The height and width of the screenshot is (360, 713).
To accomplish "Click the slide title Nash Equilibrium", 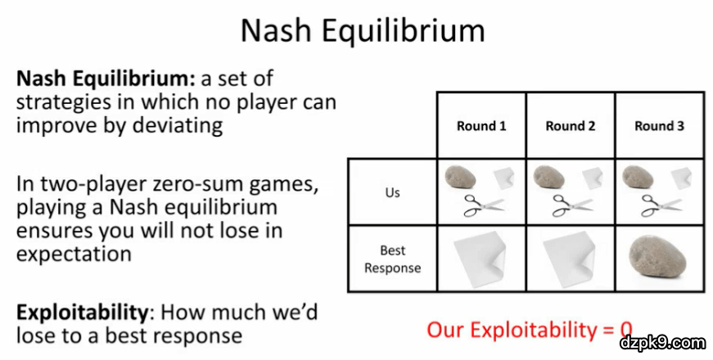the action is [363, 31].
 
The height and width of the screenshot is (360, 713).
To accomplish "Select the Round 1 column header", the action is [481, 126].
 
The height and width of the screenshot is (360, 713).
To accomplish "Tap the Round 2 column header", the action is [571, 126].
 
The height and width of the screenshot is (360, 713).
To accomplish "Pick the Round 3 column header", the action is [659, 126].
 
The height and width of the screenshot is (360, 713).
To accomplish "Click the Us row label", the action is [392, 192].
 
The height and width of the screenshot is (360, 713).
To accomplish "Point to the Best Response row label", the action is [392, 259].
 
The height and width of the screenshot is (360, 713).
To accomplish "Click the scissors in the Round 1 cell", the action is [483, 205].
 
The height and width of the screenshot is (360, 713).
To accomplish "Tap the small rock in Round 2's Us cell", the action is [548, 177].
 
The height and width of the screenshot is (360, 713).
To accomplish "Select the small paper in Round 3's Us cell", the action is [682, 178].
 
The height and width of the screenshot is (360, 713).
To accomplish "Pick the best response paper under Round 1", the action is [481, 259].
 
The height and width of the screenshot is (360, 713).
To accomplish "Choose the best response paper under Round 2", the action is [569, 259].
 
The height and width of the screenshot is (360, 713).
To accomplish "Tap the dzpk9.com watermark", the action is [663, 343].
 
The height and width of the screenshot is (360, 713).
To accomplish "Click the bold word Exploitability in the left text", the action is [83, 313].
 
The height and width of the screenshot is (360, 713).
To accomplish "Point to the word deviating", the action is [178, 125].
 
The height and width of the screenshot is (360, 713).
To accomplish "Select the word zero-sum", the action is [201, 185].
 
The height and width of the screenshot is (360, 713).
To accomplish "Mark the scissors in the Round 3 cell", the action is [661, 205].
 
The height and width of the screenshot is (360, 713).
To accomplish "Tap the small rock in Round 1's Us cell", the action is [460, 177].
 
